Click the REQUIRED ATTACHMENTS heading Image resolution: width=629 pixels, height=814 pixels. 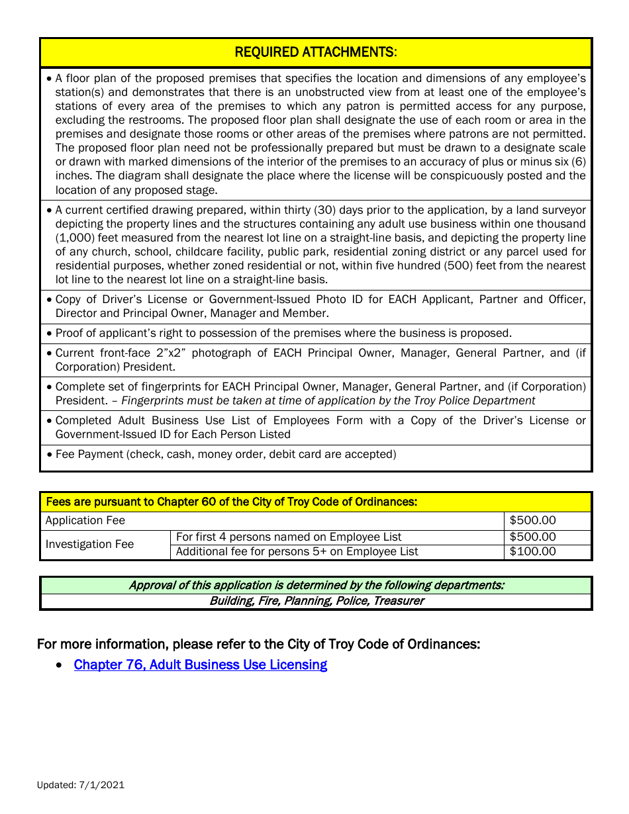click(316, 52)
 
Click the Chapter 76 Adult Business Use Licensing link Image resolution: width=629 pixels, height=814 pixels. click(200, 664)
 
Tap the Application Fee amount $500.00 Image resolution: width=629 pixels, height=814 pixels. click(533, 521)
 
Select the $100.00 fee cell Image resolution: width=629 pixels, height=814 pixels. click(533, 551)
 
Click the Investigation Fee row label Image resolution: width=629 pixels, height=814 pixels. click(89, 544)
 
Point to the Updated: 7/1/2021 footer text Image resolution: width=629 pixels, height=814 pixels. click(81, 785)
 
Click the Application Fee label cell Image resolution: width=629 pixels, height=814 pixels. click(85, 521)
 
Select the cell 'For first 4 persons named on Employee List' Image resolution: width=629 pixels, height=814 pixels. click(289, 537)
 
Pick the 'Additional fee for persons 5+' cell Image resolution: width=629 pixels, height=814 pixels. click(297, 551)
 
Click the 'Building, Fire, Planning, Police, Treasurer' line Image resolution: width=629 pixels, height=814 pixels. click(316, 601)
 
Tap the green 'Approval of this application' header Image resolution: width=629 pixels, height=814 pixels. click(316, 585)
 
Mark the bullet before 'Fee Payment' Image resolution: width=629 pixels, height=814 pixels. click(49, 455)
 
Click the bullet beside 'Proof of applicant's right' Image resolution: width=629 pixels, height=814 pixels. click(49, 334)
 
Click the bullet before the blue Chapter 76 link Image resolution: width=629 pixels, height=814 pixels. click(60, 665)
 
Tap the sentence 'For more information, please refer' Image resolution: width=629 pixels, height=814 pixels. click(258, 644)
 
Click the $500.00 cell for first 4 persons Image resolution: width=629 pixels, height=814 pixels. click(533, 537)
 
